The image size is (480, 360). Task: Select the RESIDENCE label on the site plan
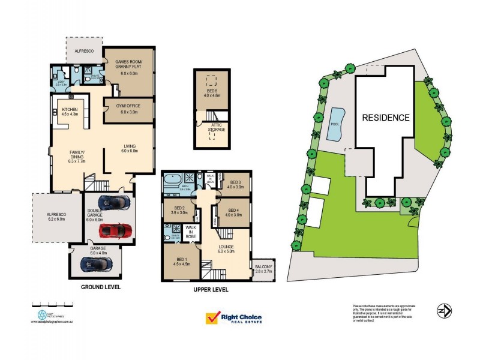pos(386,118)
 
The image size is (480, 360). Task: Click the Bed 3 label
pos(235,184)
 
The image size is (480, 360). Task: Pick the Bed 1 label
pos(181,260)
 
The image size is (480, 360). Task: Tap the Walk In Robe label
pos(191,232)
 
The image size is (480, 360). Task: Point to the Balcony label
pos(263,269)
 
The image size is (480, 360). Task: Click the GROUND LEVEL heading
pos(100,287)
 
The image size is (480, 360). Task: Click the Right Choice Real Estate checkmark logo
pos(212,318)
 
